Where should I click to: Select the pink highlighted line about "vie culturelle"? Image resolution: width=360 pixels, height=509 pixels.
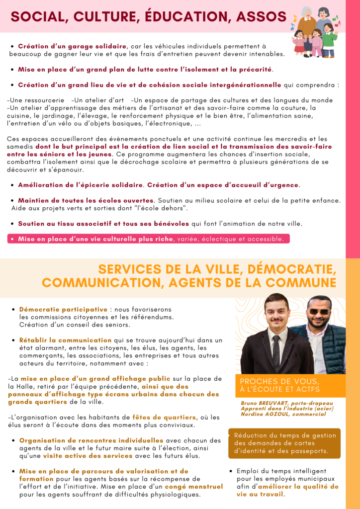pos(148,239)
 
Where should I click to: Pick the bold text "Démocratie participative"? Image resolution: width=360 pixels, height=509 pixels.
pos(63,309)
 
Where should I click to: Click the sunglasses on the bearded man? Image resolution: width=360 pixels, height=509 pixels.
pos(318,312)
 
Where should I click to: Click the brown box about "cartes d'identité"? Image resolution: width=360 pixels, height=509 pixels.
pos(284,443)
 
